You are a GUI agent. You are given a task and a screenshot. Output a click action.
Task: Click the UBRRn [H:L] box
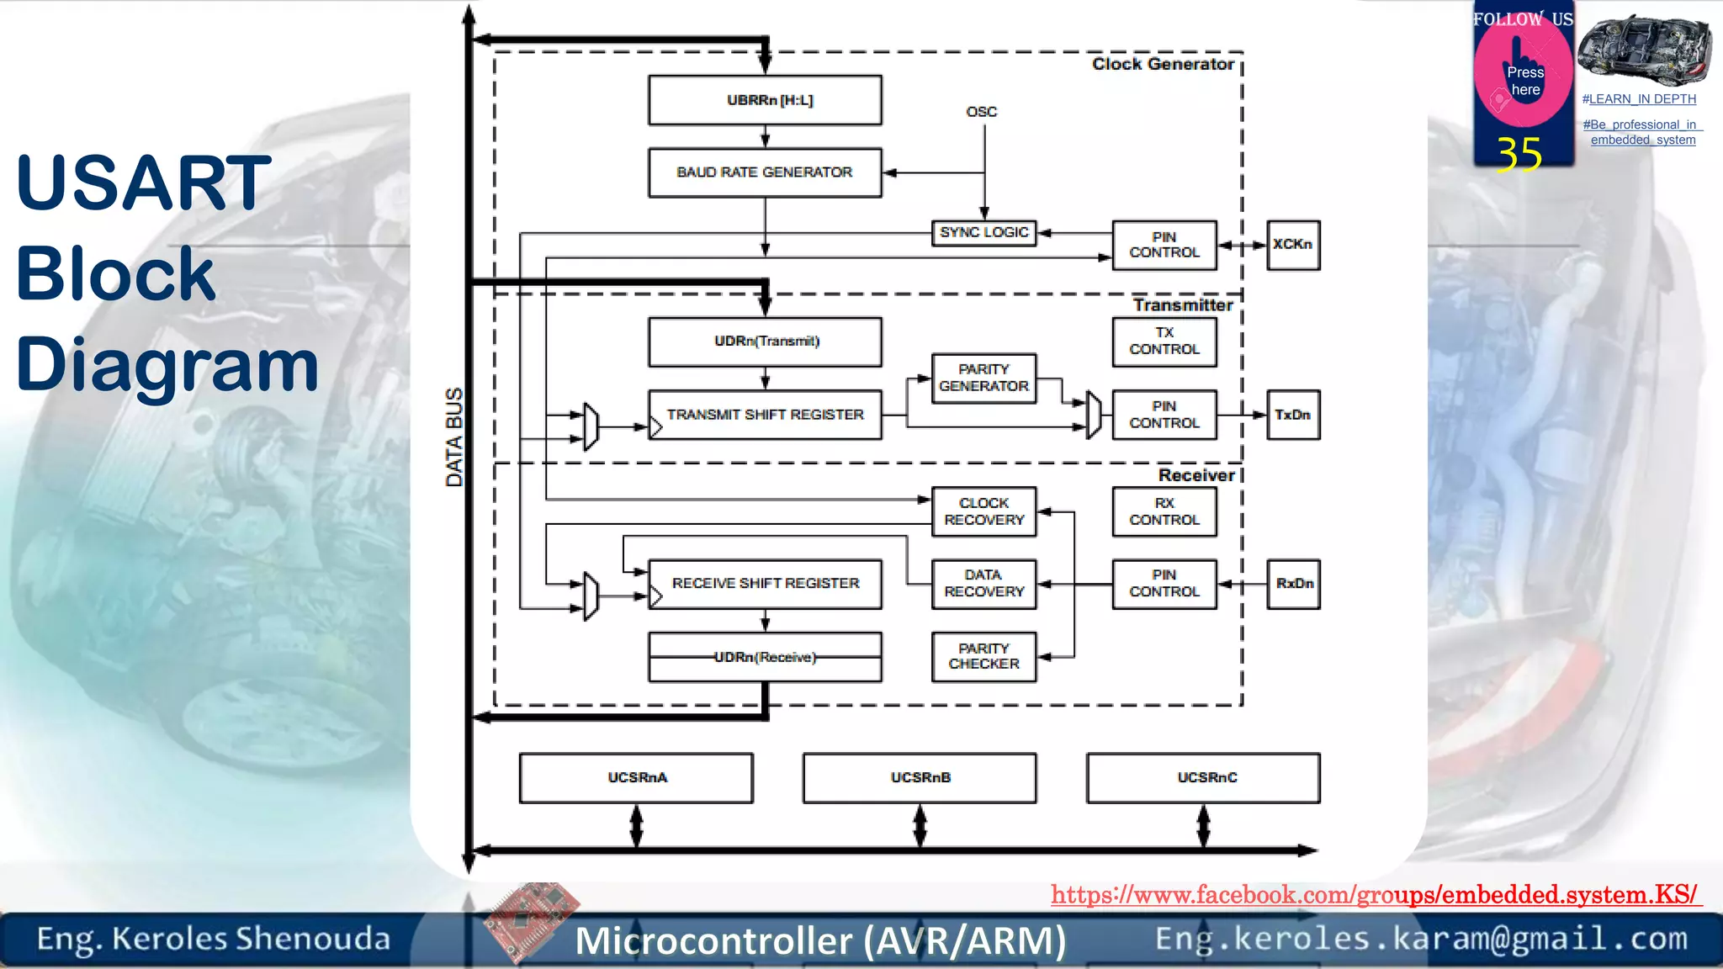765,100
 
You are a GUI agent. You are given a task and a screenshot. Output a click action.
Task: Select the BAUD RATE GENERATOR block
765,172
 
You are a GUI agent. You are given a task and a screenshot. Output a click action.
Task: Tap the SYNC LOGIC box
983,232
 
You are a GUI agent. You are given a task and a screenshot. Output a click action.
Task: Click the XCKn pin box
1293,245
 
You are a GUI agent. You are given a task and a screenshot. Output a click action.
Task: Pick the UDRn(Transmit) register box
765,342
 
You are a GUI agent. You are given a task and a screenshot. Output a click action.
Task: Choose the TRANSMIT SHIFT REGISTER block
765,415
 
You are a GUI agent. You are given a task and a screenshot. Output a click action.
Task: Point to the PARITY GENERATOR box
983,378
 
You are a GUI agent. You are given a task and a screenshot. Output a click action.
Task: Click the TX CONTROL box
1164,342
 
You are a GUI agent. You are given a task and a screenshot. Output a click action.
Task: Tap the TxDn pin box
1293,415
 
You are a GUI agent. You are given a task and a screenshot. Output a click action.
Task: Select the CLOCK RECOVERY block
983,511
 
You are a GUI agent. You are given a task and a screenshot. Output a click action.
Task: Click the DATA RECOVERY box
983,584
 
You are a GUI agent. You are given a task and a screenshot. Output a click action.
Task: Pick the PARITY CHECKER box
983,656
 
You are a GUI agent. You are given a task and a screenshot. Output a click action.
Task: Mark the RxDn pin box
1293,584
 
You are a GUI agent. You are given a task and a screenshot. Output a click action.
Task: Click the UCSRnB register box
920,778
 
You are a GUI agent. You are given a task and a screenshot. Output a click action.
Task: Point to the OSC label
981,112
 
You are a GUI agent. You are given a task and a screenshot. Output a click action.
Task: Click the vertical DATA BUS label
454,437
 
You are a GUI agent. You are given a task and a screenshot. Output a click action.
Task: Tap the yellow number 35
1519,155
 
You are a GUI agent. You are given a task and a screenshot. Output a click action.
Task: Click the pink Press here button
1524,80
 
